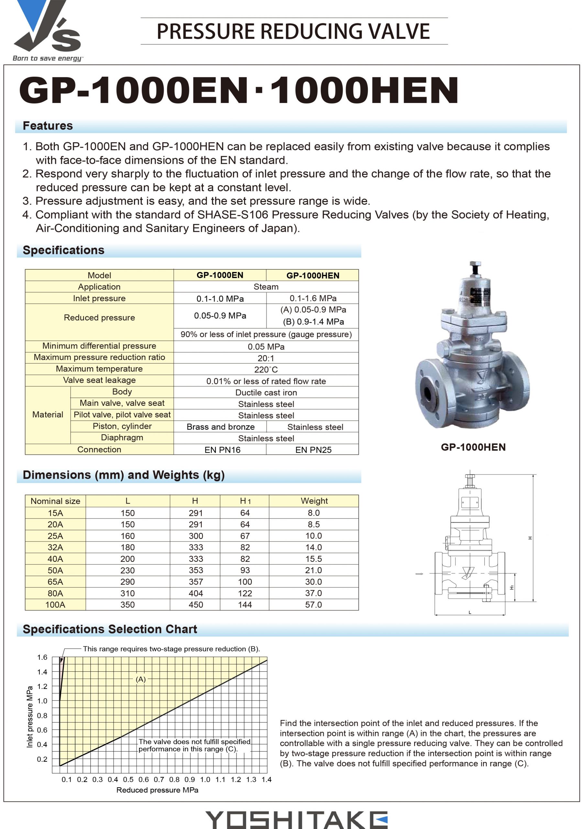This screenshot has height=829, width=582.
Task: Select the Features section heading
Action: click(48, 126)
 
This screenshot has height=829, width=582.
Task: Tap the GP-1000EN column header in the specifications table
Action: click(220, 275)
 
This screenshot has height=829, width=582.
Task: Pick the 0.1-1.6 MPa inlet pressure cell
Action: click(313, 298)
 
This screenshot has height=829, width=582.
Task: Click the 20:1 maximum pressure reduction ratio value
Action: click(266, 358)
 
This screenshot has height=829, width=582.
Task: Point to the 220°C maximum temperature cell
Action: click(266, 369)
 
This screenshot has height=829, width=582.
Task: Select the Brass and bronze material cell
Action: click(220, 427)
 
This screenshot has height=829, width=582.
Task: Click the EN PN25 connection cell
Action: click(313, 449)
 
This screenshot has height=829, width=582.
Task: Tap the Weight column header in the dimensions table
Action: click(314, 501)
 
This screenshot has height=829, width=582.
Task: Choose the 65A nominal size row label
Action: click(55, 582)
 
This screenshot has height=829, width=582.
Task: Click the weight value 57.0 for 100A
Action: click(313, 605)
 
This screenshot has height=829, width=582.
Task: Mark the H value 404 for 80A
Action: click(195, 593)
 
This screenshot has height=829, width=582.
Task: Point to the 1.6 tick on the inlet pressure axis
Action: click(42, 657)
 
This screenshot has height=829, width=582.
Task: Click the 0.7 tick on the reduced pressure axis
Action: click(159, 779)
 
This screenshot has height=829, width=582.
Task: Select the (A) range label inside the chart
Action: click(141, 679)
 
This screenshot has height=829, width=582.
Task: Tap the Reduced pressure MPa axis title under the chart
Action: click(157, 790)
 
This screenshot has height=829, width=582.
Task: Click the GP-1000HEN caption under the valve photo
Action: click(473, 447)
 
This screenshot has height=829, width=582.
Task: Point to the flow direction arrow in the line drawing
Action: click(419, 574)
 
